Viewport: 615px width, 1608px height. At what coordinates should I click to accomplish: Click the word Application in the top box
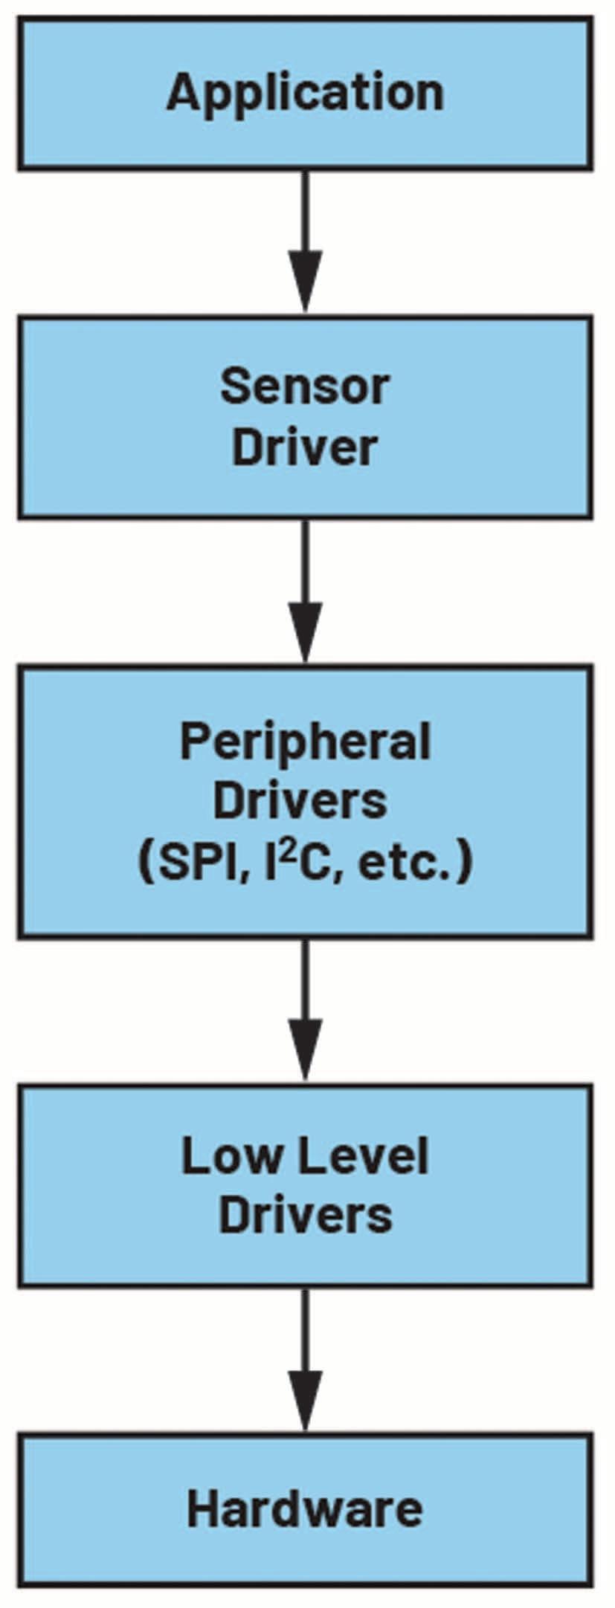[x=305, y=94]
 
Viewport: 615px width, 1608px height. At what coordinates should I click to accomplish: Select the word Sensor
[x=305, y=386]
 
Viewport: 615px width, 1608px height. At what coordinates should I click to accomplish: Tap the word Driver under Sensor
[x=305, y=447]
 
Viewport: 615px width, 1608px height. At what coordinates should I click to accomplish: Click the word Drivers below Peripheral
[x=300, y=801]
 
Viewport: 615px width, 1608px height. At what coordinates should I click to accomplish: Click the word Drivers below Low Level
[x=305, y=1216]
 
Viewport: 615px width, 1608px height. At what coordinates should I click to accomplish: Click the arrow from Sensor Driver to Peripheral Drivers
[x=305, y=591]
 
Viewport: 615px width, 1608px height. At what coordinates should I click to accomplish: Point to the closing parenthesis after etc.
[x=466, y=863]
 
